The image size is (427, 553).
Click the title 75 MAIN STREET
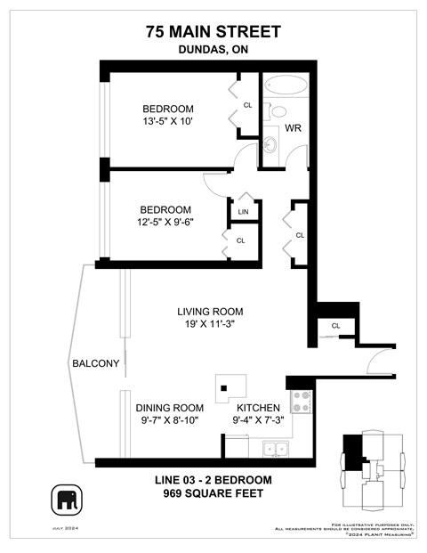(213, 32)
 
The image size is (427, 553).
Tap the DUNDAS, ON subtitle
(213, 51)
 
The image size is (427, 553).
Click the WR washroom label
(293, 128)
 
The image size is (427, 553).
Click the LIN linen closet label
(242, 212)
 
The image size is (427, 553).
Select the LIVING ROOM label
(210, 312)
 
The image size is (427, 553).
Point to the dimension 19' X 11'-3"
(210, 325)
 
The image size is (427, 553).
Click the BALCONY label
(95, 363)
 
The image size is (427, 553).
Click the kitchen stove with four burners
(299, 403)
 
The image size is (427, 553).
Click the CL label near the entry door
(335, 326)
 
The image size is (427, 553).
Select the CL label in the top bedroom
(247, 104)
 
